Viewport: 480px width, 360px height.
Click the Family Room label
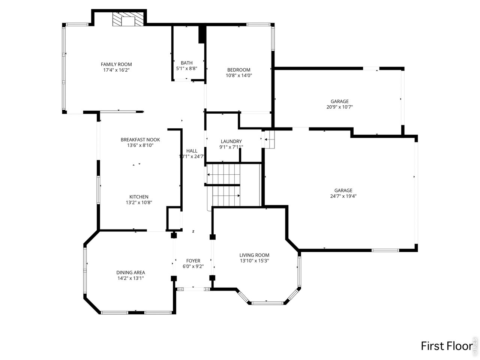[116, 64]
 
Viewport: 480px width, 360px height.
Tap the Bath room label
[186, 63]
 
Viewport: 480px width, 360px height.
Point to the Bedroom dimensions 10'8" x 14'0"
[238, 75]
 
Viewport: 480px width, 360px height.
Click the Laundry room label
[231, 141]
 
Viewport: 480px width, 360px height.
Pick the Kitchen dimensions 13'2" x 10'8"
[139, 202]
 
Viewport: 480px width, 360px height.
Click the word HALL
[192, 151]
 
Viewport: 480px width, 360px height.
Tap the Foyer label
[193, 261]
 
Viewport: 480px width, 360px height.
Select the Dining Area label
[130, 273]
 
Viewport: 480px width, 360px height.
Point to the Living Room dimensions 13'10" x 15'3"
[254, 261]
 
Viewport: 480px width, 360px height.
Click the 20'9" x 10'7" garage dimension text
[339, 107]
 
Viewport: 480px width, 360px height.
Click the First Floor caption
[445, 346]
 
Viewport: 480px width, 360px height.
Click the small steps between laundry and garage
[269, 139]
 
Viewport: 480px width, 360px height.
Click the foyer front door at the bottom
[193, 289]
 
